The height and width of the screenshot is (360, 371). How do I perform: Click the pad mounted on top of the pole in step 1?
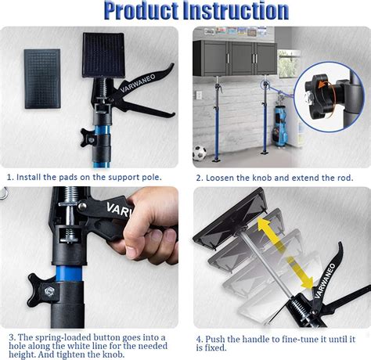pyautogui.click(x=103, y=54)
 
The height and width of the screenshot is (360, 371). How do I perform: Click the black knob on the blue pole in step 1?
pyautogui.click(x=89, y=140)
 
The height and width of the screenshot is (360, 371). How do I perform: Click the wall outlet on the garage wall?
pyautogui.click(x=198, y=95)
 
